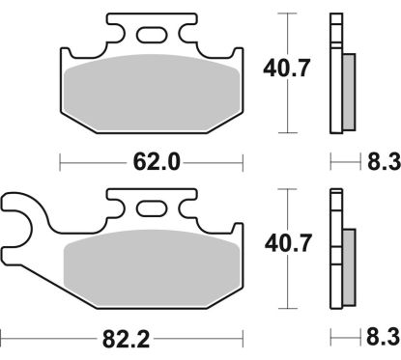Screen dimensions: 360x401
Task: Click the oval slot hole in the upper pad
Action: (x=151, y=36)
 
